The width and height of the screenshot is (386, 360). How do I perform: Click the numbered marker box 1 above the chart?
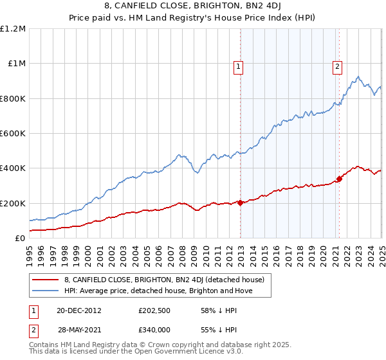[x=239, y=66]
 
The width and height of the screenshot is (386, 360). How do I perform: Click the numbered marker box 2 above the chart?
[x=336, y=66]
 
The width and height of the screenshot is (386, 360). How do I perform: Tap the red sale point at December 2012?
[x=240, y=203]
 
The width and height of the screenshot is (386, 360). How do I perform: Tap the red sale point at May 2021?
[x=340, y=179]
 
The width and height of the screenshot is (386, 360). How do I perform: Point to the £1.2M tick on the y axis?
[x=13, y=29]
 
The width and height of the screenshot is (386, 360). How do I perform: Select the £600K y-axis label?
[x=13, y=134]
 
